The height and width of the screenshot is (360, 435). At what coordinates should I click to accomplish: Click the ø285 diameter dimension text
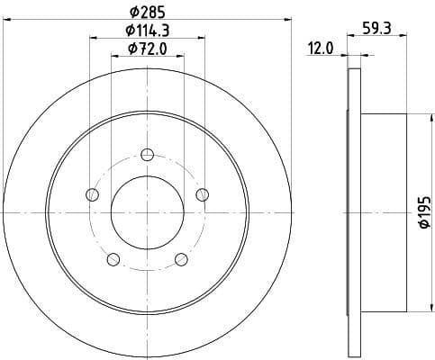(x=147, y=12)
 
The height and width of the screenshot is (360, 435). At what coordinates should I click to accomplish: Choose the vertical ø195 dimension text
(x=422, y=213)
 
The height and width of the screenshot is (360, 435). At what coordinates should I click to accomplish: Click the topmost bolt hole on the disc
(x=147, y=154)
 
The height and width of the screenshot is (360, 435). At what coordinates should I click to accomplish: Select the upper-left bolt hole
(x=92, y=193)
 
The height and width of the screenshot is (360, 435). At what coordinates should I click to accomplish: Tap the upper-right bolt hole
(x=202, y=193)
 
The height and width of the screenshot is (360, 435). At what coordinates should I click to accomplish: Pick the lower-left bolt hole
(x=113, y=259)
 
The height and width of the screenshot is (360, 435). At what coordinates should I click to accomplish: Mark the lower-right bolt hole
(x=181, y=259)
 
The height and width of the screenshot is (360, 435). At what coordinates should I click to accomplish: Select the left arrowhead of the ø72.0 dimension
(x=113, y=56)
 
